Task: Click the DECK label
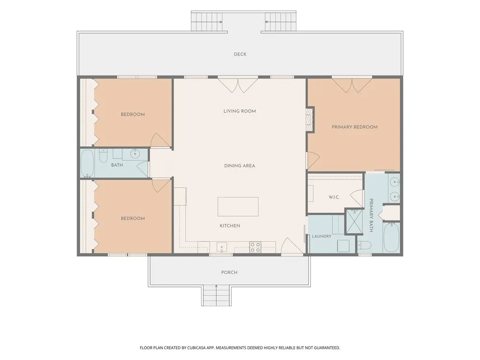[x=240, y=54]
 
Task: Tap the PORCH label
[x=229, y=272]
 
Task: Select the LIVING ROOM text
[x=240, y=111]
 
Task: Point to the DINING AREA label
[x=240, y=165]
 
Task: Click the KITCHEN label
[x=230, y=225]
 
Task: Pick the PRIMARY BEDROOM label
[x=354, y=127]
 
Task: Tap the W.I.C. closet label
[x=334, y=197]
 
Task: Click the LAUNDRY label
[x=322, y=236]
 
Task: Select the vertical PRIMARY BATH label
[x=371, y=215]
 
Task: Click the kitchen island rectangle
[x=238, y=207]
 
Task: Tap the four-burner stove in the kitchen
[x=255, y=247]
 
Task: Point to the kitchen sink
[x=222, y=247]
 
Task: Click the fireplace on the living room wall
[x=310, y=120]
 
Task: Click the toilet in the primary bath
[x=364, y=245]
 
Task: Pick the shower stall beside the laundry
[x=354, y=221]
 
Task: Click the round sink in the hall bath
[x=135, y=154]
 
